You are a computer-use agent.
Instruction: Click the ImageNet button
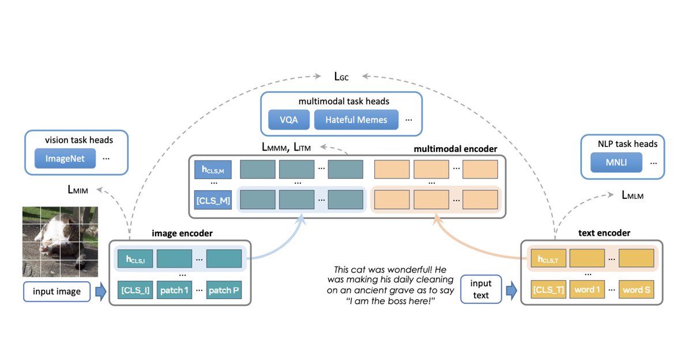click(64, 159)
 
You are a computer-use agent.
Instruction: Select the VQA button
click(288, 120)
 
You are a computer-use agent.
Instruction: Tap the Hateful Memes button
click(356, 120)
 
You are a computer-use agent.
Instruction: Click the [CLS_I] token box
click(134, 289)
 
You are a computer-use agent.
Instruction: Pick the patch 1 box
click(175, 289)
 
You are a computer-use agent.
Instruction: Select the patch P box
click(224, 289)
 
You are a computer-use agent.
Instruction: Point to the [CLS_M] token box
click(213, 201)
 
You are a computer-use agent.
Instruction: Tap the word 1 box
click(588, 289)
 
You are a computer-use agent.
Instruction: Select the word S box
click(637, 289)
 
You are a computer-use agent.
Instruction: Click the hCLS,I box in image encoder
click(134, 259)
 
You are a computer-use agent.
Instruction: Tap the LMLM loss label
click(632, 195)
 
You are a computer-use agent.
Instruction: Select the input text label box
click(480, 289)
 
